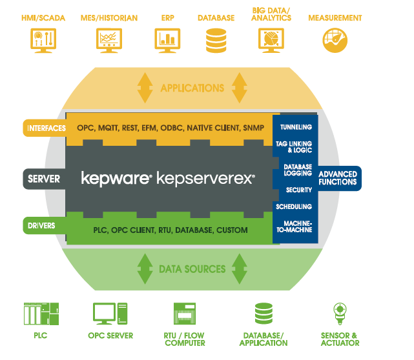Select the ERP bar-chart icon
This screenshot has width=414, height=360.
click(167, 41)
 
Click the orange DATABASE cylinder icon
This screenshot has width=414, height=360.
click(216, 41)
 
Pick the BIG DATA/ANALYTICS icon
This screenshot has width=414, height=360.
click(270, 41)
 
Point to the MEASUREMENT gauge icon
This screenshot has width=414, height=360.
click(335, 41)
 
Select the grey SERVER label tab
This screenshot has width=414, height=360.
click(45, 178)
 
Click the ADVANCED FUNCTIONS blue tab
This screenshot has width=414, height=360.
click(338, 178)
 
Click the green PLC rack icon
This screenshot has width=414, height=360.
click(40, 314)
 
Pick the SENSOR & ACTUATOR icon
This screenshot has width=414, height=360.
click(339, 314)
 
